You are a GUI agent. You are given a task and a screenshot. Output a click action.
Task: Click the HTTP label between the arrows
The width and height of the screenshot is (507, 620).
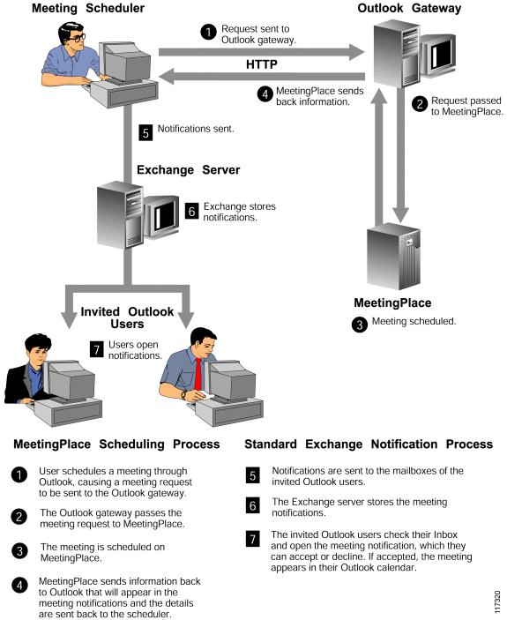(x=262, y=64)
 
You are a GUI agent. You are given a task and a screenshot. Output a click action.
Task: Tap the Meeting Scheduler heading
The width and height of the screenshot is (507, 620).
(x=88, y=8)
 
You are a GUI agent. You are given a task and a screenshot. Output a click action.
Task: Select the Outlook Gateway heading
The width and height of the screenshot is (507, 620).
(x=409, y=8)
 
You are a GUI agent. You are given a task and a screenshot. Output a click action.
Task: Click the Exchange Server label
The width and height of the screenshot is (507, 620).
(x=188, y=170)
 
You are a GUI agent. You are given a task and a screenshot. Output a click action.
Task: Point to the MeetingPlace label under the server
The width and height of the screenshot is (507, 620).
(x=392, y=303)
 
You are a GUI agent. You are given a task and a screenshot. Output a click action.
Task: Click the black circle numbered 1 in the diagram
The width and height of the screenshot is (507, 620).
(x=209, y=32)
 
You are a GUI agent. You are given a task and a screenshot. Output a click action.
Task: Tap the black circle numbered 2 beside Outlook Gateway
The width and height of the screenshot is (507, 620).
(x=420, y=104)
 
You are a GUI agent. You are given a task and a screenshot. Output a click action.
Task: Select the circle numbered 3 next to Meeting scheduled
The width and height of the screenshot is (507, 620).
(x=360, y=325)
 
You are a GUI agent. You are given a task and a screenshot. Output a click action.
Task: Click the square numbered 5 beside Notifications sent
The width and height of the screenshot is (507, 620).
(x=145, y=132)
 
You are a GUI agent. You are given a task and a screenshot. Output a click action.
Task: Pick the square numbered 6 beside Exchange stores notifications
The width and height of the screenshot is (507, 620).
(x=191, y=211)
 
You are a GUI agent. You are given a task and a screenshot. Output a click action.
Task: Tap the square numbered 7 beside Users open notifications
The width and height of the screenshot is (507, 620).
(x=97, y=349)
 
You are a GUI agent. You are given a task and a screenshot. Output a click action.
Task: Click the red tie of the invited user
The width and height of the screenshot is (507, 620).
(x=198, y=374)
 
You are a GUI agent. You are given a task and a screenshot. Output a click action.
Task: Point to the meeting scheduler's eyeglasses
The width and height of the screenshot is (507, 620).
(x=76, y=38)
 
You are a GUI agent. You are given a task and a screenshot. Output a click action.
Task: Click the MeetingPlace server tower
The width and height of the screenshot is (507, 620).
(x=393, y=257)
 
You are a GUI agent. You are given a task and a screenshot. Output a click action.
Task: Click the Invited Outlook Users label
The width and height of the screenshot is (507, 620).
(x=127, y=317)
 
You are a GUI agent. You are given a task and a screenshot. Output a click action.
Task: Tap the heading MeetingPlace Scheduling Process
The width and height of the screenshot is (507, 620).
(x=116, y=444)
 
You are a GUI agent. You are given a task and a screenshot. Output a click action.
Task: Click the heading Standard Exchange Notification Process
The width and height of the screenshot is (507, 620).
(x=369, y=444)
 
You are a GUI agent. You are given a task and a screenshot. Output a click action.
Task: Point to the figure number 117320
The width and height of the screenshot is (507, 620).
(x=497, y=601)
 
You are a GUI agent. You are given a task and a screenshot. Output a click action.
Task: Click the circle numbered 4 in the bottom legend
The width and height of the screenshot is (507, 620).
(x=19, y=586)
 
